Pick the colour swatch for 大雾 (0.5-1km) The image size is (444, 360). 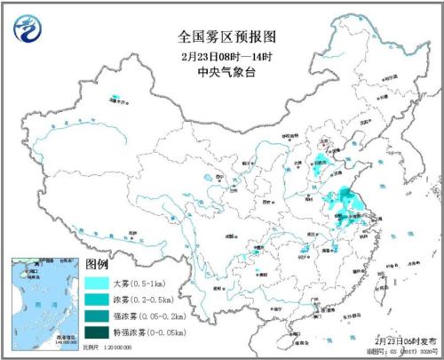click(x=100, y=284)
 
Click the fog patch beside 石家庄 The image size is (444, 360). click(x=318, y=163)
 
